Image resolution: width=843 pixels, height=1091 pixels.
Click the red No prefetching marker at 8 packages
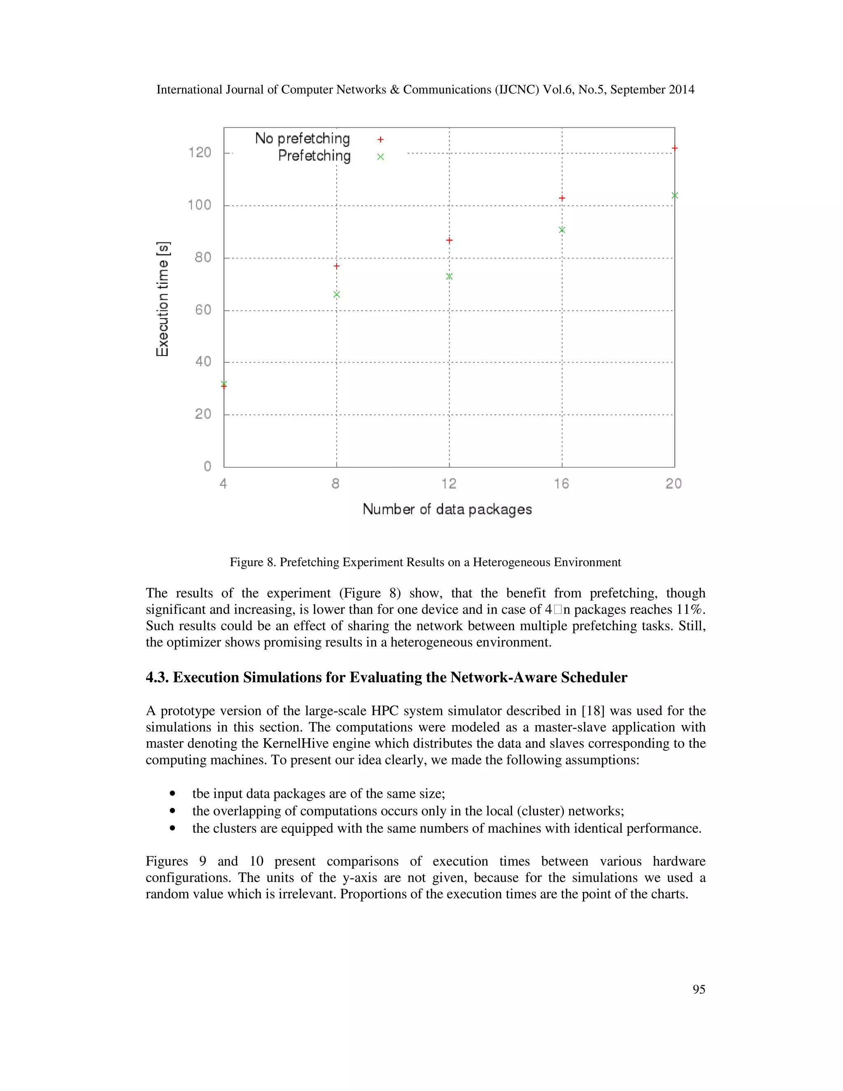coord(337,266)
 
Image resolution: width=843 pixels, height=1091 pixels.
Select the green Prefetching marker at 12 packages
coord(449,276)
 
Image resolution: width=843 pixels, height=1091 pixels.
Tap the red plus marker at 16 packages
coord(562,198)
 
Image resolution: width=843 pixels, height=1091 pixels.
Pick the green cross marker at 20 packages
coord(675,195)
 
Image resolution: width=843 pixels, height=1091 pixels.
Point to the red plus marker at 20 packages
coord(675,148)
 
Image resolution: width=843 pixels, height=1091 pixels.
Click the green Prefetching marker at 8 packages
coord(337,295)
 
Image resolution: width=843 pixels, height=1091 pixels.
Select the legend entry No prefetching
coord(302,138)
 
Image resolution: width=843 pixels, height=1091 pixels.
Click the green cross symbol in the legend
coord(381,157)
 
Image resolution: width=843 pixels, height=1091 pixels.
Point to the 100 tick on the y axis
coord(199,205)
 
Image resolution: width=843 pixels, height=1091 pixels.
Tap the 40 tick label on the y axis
coord(203,361)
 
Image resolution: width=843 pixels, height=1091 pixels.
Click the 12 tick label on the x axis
coord(449,484)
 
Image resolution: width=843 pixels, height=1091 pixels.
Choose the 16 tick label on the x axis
coord(561,484)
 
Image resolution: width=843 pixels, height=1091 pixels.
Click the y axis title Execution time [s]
coord(163,299)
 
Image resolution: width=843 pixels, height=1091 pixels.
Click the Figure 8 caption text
coord(425,562)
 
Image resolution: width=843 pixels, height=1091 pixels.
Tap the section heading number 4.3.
coord(157,677)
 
